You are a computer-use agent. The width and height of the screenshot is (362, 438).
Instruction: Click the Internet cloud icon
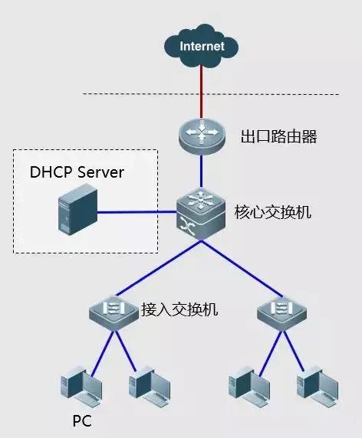[202, 46]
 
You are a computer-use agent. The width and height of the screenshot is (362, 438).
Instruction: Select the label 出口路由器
[268, 138]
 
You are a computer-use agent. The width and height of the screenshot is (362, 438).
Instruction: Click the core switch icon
[201, 212]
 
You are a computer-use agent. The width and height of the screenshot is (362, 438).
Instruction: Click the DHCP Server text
[76, 172]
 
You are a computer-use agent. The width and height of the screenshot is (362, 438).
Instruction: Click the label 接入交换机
[180, 309]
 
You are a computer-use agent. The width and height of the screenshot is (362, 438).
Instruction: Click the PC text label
[82, 420]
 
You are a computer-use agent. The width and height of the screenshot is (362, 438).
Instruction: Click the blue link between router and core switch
[201, 171]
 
